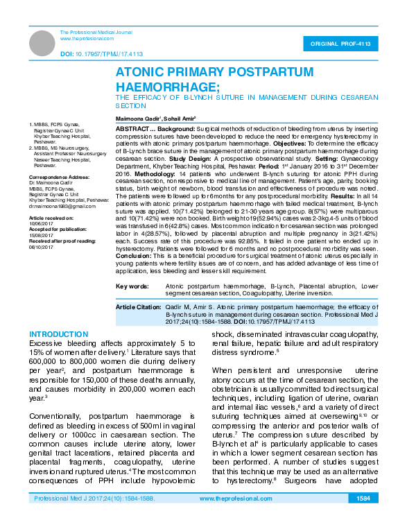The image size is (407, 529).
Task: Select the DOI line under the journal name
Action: click(x=101, y=53)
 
